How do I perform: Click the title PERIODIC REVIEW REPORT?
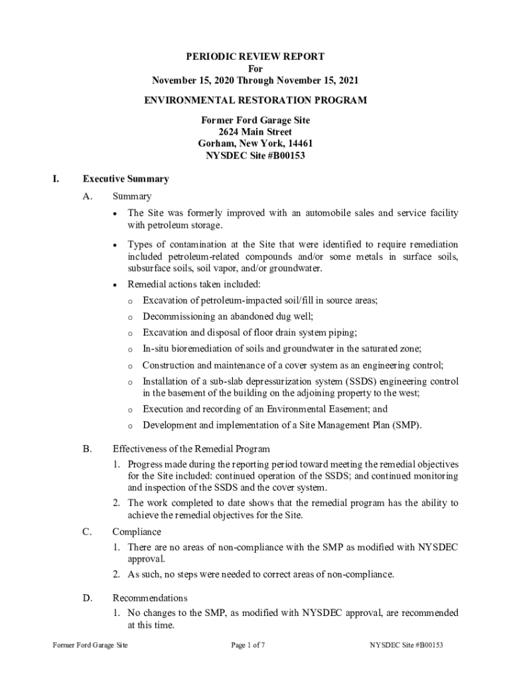pos(256,57)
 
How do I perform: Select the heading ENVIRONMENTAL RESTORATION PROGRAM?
pos(256,101)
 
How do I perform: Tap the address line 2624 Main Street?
pos(256,132)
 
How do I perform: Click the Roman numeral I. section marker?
pos(56,179)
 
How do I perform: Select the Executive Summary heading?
pos(125,179)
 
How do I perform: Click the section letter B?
pos(87,449)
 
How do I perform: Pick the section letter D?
pos(87,598)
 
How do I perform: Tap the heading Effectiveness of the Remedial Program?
pos(191,449)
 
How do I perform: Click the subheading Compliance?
pos(137,532)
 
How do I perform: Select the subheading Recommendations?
pos(150,598)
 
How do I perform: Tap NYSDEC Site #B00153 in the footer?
pos(407,645)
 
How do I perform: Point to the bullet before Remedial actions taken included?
pos(116,285)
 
